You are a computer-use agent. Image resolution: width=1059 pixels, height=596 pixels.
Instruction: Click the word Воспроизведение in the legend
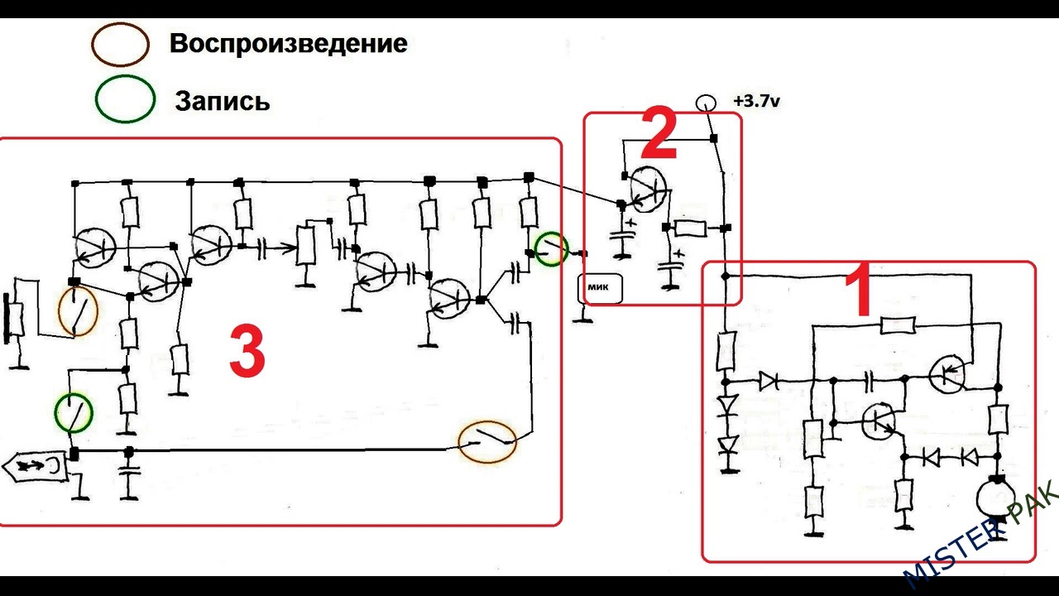[x=288, y=44]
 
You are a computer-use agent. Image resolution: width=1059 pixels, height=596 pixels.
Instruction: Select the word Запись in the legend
[x=222, y=101]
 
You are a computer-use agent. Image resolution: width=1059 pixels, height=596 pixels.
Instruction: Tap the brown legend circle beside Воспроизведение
[x=121, y=44]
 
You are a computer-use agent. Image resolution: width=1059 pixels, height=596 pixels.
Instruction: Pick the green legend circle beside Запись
[x=124, y=99]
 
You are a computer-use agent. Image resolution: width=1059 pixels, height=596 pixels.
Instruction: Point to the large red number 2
[x=659, y=137]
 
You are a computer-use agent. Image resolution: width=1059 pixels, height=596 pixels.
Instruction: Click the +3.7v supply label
[x=756, y=101]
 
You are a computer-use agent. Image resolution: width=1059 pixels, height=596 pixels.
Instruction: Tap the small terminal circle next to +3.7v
[x=705, y=103]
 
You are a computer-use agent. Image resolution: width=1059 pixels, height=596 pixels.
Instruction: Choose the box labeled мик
[x=600, y=287]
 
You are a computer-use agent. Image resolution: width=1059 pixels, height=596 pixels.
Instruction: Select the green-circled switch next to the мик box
[x=552, y=248]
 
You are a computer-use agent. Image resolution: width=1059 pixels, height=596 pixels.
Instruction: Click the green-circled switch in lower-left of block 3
[x=74, y=412]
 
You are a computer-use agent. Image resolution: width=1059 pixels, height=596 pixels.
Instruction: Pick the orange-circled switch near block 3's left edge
[x=78, y=311]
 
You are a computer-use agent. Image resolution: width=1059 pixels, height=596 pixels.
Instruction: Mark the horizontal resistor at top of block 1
[x=898, y=325]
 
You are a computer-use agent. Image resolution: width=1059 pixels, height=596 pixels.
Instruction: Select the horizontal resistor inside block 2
[x=689, y=229]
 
